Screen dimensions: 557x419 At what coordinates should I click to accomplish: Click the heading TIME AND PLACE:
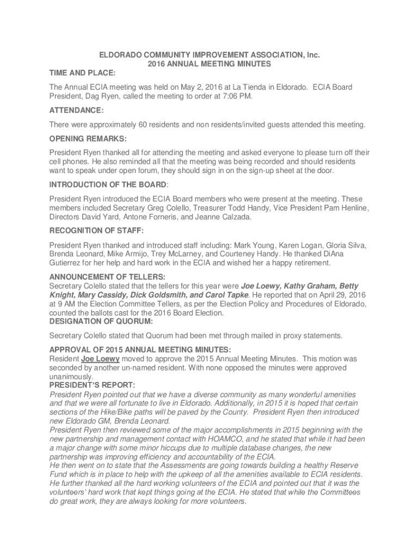[82, 73]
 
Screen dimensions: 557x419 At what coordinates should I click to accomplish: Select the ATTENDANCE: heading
[77, 110]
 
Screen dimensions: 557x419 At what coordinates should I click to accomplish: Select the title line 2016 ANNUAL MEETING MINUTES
[209, 64]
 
